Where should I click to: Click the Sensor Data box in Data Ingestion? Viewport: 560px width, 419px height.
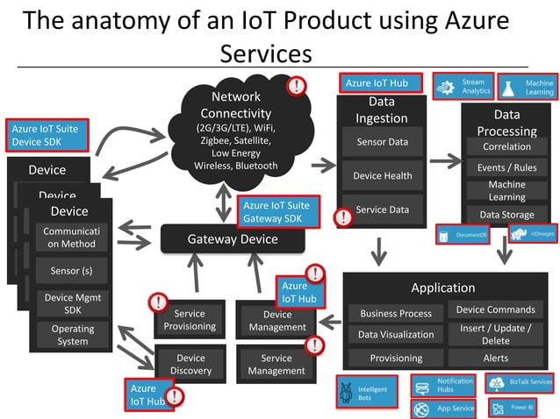pyautogui.click(x=381, y=142)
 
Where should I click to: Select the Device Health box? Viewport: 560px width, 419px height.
pyautogui.click(x=381, y=176)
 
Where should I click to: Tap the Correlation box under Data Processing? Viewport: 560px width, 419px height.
pyautogui.click(x=506, y=147)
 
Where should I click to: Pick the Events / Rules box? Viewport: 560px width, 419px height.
pyautogui.click(x=506, y=167)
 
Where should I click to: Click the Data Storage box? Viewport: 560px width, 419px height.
pyautogui.click(x=506, y=215)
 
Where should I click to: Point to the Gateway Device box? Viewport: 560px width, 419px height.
pyautogui.click(x=233, y=239)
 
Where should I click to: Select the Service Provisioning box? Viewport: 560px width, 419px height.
pyautogui.click(x=190, y=320)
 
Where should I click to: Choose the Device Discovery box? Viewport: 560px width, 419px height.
pyautogui.click(x=190, y=365)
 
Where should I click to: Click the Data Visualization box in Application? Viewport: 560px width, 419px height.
pyautogui.click(x=395, y=334)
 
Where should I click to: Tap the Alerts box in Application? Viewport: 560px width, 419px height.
pyautogui.click(x=495, y=358)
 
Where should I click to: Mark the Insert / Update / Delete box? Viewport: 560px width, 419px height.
pyautogui.click(x=495, y=334)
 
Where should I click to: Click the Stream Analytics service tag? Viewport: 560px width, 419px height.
pyautogui.click(x=463, y=86)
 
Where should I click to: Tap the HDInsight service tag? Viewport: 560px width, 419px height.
pyautogui.click(x=533, y=234)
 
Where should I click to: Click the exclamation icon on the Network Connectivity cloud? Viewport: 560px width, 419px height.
pyautogui.click(x=298, y=86)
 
